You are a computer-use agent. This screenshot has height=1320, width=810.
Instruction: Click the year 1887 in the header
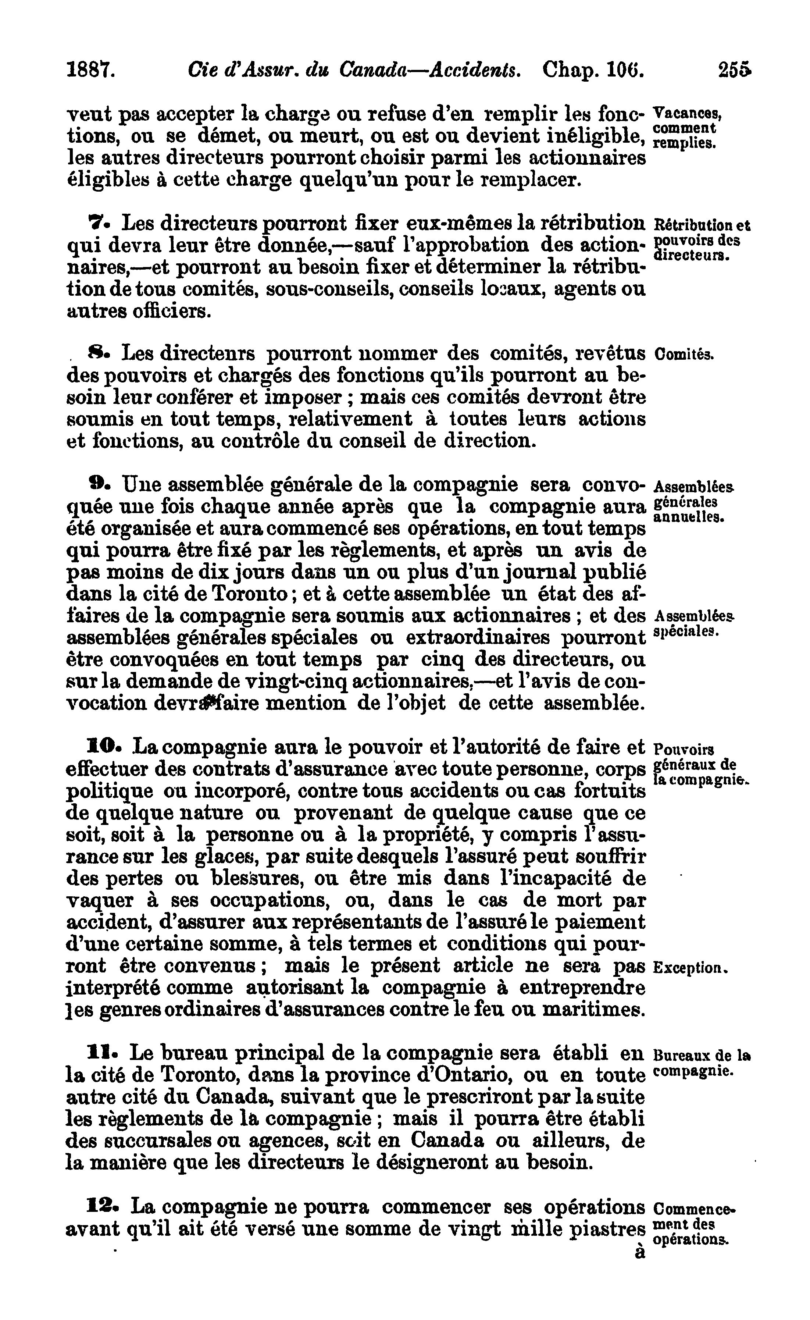(90, 70)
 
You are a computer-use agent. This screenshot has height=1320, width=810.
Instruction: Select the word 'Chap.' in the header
(571, 70)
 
